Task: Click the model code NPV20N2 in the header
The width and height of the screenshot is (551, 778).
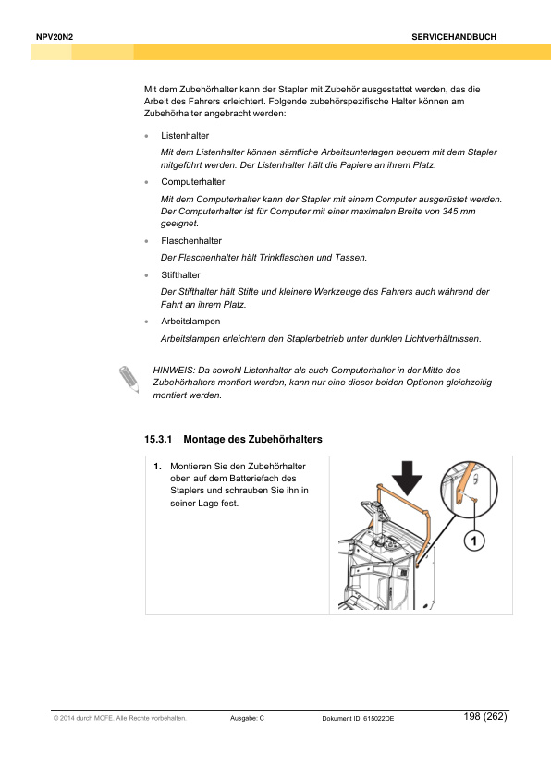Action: [x=55, y=37]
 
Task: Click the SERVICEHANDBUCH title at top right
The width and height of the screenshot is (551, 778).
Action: [x=454, y=37]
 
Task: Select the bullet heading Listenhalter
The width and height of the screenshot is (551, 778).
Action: [x=185, y=136]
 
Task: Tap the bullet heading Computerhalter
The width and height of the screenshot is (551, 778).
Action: [x=192, y=182]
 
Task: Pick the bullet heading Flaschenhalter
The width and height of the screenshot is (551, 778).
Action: [x=191, y=240]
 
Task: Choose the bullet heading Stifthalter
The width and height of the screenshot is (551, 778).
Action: [x=180, y=274]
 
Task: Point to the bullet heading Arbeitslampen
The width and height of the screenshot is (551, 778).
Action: [x=190, y=322]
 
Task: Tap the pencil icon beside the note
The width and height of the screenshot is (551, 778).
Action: [x=129, y=379]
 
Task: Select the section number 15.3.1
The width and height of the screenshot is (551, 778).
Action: [x=158, y=439]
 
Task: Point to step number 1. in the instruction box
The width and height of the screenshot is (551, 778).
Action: [x=157, y=467]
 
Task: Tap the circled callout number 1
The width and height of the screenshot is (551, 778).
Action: [x=474, y=541]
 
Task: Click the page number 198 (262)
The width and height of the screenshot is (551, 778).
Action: [x=485, y=716]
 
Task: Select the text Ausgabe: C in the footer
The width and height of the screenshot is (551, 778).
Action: [x=247, y=718]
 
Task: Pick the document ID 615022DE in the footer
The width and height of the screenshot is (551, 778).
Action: [x=378, y=719]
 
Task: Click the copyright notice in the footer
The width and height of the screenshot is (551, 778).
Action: [x=119, y=718]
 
